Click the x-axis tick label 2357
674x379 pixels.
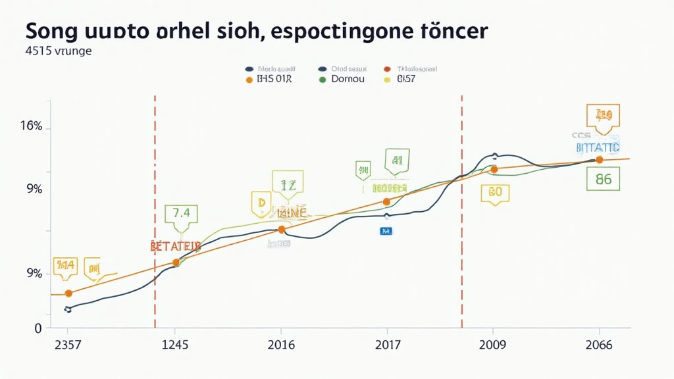pos(68,345)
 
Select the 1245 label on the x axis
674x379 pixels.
pos(175,345)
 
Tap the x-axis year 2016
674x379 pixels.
pos(281,345)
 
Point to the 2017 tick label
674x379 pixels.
pos(386,345)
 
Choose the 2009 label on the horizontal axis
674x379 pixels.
pos(493,345)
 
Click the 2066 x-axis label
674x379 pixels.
pos(598,345)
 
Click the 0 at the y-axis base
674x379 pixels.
pos(38,328)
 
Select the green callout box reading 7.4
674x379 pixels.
pos(181,214)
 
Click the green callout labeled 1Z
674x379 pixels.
pos(288,186)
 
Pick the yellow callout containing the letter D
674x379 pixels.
pos(261,204)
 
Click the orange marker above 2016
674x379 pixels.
pos(281,230)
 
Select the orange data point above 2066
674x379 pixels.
pos(599,160)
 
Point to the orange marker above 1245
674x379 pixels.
pos(176,263)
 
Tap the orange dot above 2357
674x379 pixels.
pos(68,293)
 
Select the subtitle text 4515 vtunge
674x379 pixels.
pos(59,51)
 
